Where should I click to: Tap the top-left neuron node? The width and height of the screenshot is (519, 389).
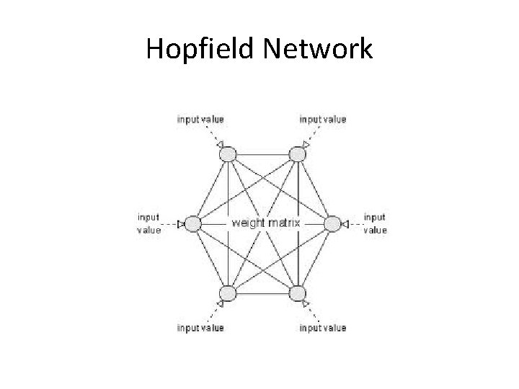click(228, 153)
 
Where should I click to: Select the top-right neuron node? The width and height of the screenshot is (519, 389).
click(296, 153)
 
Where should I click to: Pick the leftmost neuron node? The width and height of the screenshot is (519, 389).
click(193, 223)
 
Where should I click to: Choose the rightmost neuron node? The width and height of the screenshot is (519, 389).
click(331, 223)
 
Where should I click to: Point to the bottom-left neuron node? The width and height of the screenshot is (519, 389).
click(228, 293)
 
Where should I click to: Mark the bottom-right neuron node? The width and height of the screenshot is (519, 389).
click(296, 293)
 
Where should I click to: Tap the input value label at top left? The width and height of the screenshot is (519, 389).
click(200, 119)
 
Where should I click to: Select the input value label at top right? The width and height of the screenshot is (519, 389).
click(323, 119)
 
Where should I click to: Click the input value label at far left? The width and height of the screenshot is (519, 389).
click(148, 223)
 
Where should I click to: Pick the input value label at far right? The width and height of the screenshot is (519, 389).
click(375, 223)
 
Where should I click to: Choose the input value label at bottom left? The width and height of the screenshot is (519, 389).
click(200, 328)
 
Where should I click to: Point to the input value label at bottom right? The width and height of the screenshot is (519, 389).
click(323, 328)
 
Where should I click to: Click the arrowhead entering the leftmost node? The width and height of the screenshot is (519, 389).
click(182, 224)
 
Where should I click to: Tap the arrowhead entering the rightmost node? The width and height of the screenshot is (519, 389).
click(345, 224)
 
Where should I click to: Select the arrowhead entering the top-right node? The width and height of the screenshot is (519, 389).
click(306, 146)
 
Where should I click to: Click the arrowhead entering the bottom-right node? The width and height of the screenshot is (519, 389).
click(306, 303)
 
